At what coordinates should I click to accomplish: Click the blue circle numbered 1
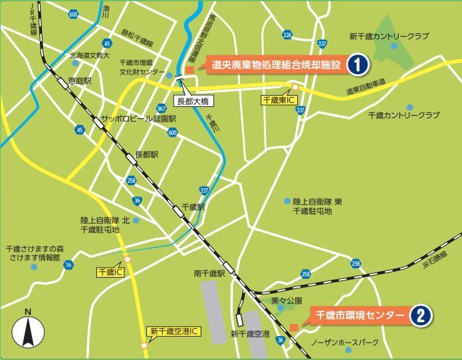(x=357, y=64)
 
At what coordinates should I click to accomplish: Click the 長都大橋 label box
(x=192, y=102)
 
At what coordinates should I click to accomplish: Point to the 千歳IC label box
(x=110, y=272)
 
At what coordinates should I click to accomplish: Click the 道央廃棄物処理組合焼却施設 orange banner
(x=273, y=64)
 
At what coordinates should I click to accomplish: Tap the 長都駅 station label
(x=146, y=154)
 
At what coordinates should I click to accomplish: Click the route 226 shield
(x=287, y=35)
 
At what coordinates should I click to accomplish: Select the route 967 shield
(x=162, y=108)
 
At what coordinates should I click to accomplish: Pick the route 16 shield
(x=68, y=265)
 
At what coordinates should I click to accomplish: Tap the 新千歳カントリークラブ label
(x=390, y=36)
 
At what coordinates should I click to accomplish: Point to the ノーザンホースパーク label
(x=345, y=343)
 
